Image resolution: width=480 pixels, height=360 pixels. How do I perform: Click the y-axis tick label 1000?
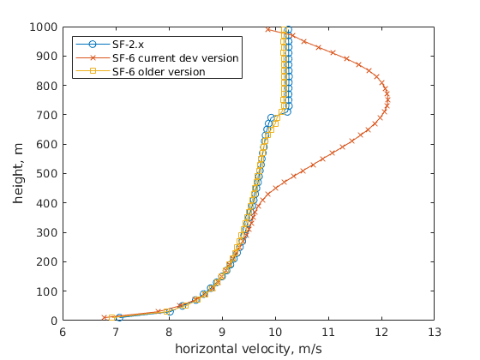pos(43,27)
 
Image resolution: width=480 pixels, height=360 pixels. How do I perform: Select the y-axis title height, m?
pos(19,174)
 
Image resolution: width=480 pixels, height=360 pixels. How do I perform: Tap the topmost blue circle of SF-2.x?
pos(288,29)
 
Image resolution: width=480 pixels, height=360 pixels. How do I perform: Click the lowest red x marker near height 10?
pos(105,318)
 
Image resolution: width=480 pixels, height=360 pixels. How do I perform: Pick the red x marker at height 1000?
pos(268,29)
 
